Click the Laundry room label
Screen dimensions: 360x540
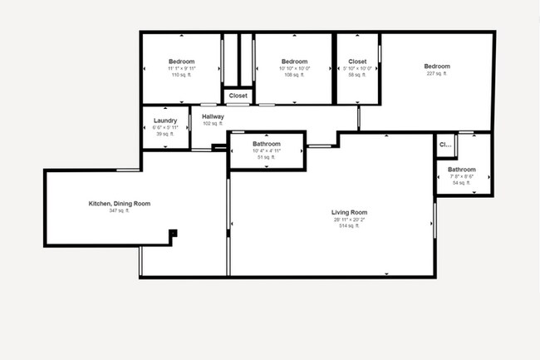coord(165,121)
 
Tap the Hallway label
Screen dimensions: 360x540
coord(213,116)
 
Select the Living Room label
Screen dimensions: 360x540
coord(349,213)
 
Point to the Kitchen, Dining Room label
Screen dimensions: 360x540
coord(120,204)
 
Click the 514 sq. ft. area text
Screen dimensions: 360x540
coord(349,226)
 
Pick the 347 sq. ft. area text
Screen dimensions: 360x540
coord(120,211)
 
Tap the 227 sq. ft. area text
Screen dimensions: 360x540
coord(436,74)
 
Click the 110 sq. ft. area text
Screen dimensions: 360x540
coord(181,75)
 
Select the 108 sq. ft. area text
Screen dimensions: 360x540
coord(294,75)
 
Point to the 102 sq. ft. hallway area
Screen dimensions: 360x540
coord(213,124)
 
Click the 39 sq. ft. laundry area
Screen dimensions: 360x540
coord(165,134)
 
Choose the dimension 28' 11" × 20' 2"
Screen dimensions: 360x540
coord(349,219)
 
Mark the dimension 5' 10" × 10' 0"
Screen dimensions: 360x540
coord(357,68)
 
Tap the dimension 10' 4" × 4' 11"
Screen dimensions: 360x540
coord(267,150)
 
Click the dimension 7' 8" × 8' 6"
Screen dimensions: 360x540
coord(461,176)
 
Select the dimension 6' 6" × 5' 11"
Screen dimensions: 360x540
coord(165,127)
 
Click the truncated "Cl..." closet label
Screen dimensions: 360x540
coord(444,145)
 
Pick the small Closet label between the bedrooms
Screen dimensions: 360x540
coord(238,96)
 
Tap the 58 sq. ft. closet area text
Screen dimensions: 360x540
coord(357,75)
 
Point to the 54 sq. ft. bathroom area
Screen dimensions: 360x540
coord(461,183)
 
